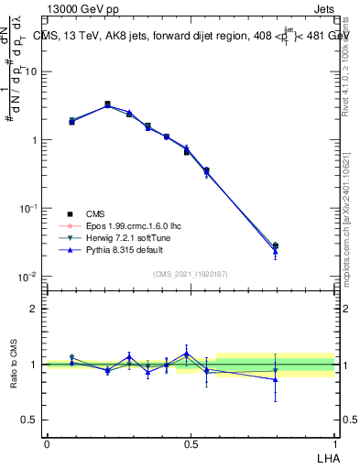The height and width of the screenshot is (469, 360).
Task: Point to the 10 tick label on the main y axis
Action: coord(31,71)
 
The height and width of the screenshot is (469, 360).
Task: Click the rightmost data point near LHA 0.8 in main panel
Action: coord(276,245)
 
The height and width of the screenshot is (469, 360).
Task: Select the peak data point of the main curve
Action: coord(107,104)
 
